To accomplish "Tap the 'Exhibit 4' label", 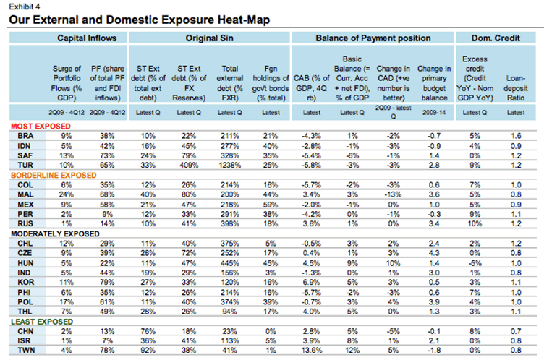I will (x=22, y=5).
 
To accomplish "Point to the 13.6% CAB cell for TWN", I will (x=311, y=351).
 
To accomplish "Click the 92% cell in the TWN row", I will (x=148, y=351).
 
